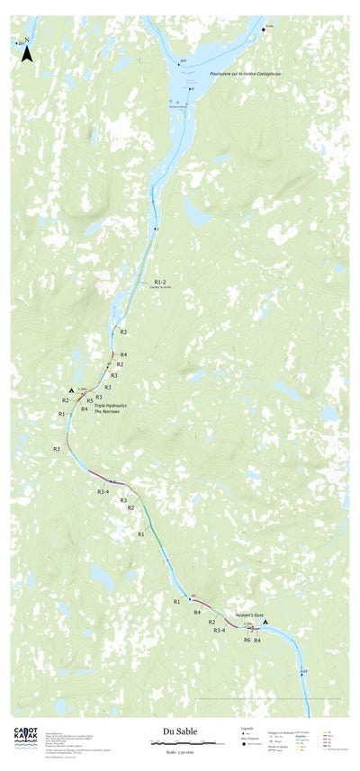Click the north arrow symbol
point(27,53)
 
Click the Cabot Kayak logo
point(25,737)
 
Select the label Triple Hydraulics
point(111,405)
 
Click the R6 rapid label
point(247,640)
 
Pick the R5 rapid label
point(90,400)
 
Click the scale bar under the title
point(176,743)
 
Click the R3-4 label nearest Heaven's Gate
point(219,631)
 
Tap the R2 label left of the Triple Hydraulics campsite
point(66,400)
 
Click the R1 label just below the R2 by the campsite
point(61,413)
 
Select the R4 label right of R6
point(257,640)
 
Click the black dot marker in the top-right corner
point(264,30)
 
